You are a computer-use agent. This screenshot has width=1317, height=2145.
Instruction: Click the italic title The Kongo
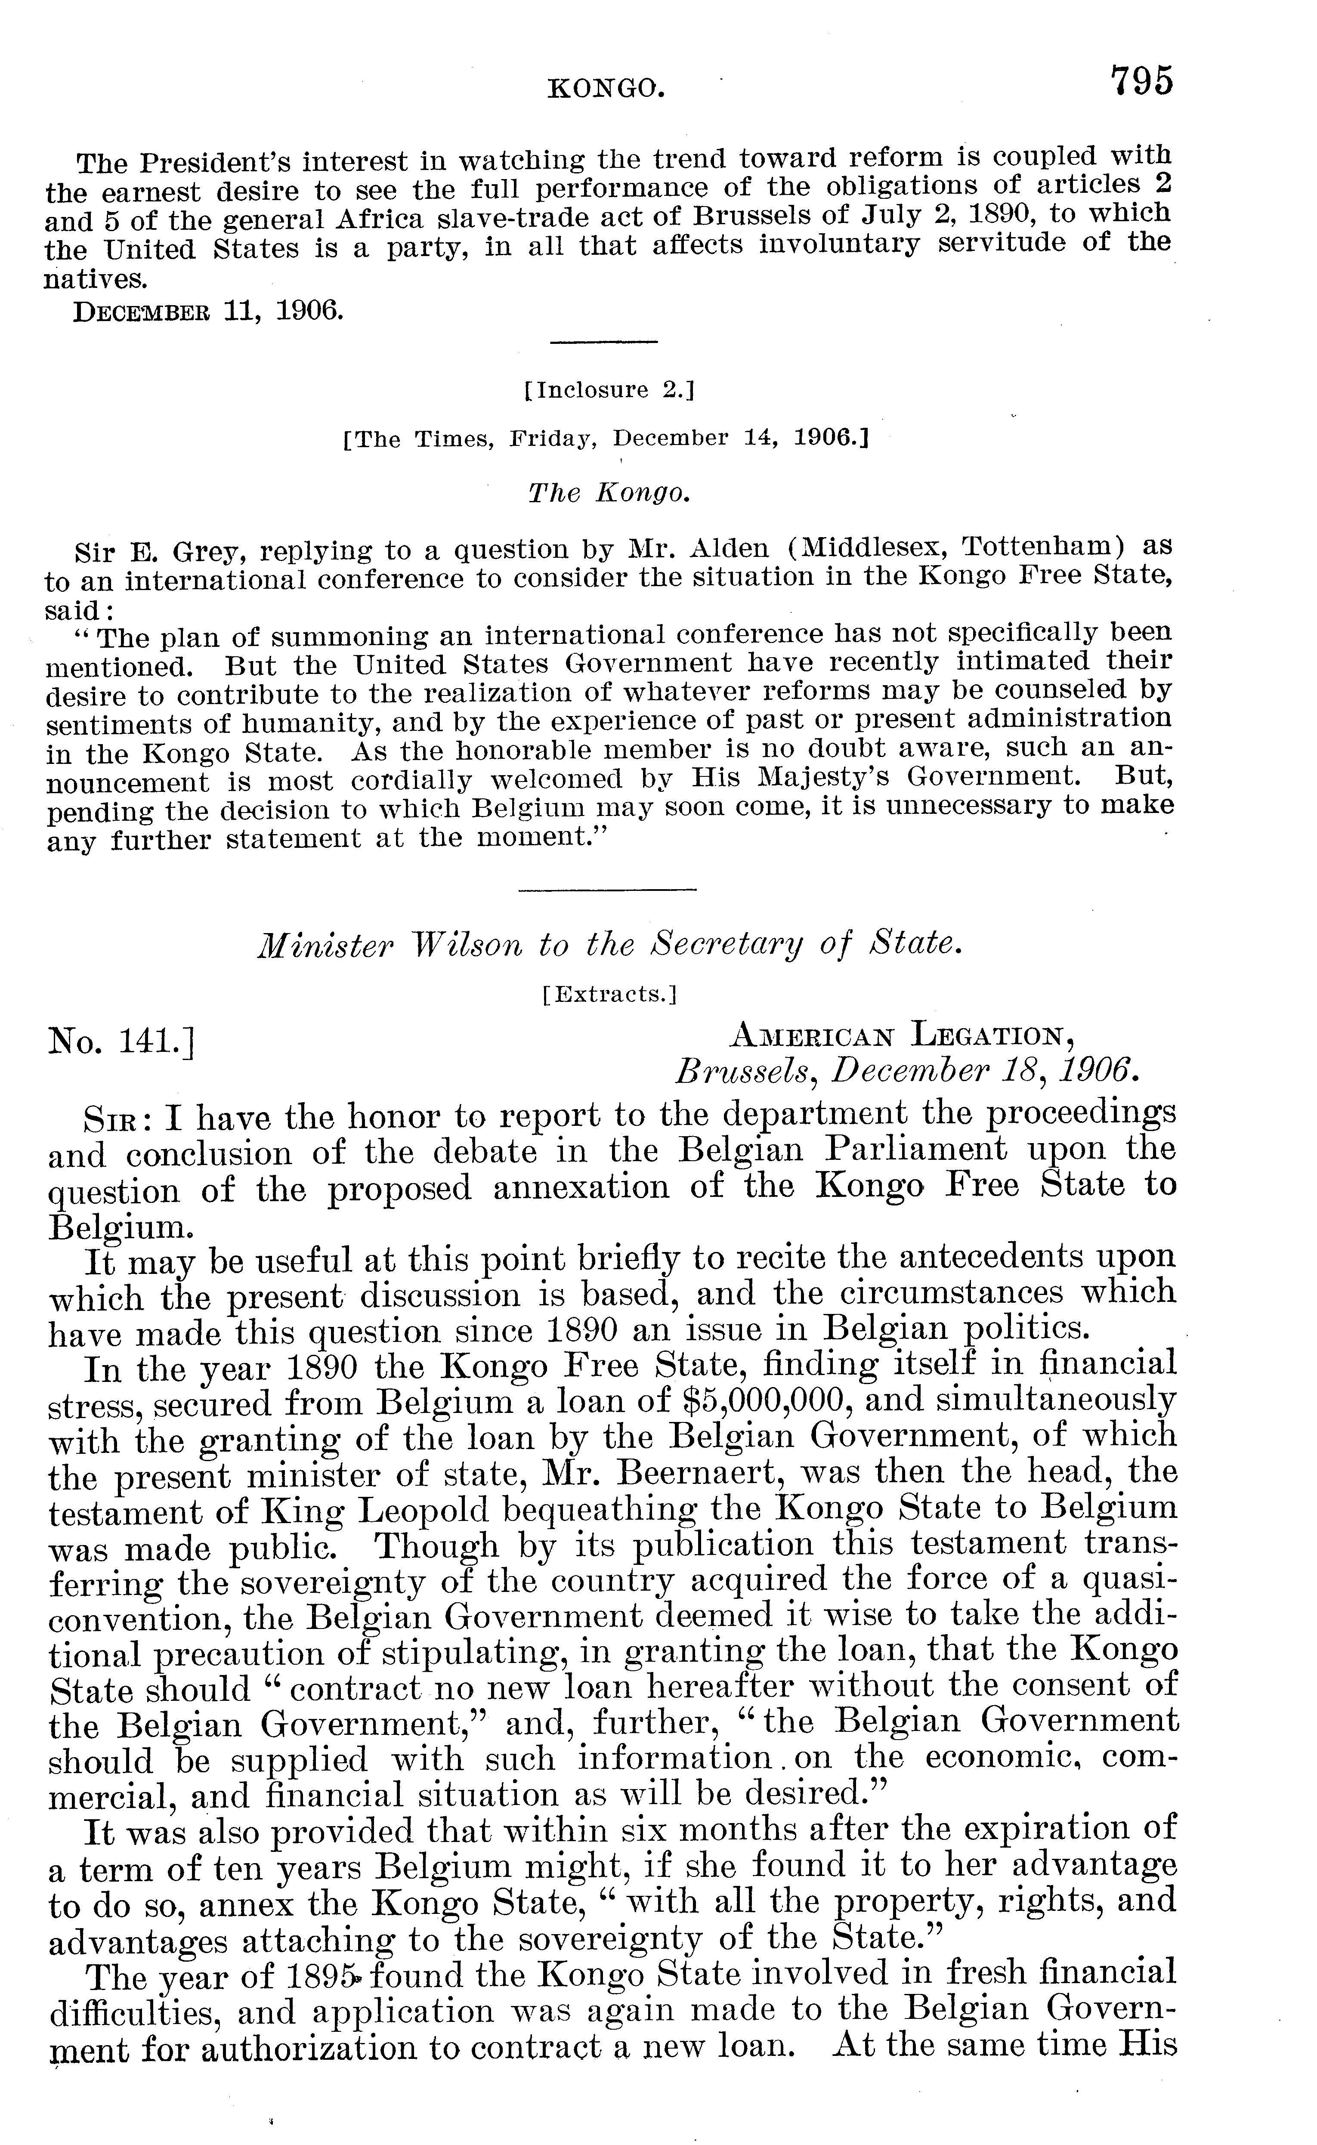tap(609, 494)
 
